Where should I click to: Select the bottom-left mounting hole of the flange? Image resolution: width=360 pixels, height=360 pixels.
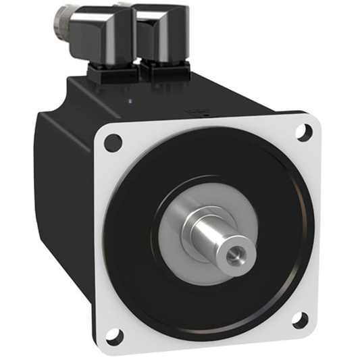(115, 333)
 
